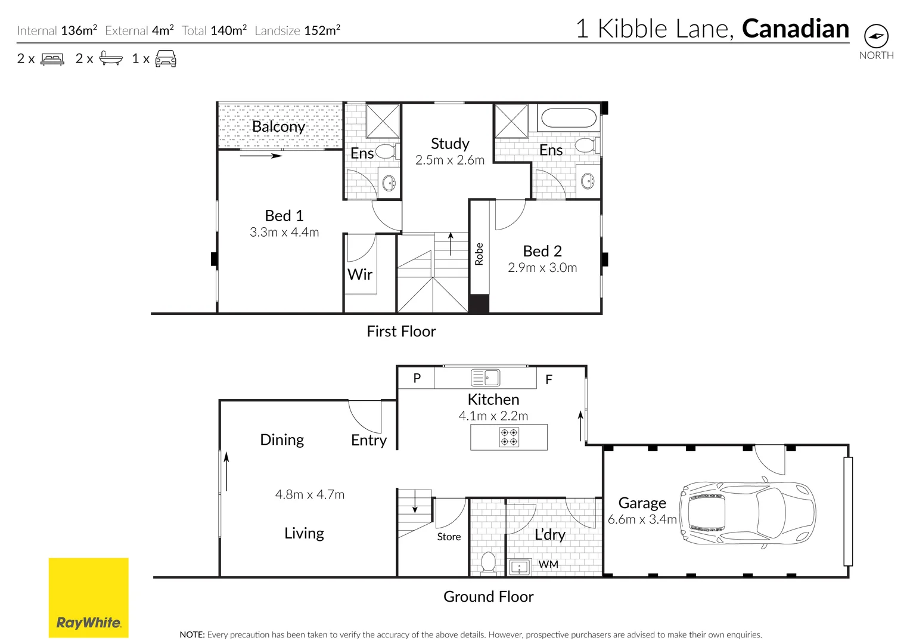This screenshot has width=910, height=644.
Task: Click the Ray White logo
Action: (x=88, y=597)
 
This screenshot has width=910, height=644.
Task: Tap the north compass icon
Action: (x=876, y=36)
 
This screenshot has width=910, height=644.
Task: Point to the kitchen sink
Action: (x=486, y=378)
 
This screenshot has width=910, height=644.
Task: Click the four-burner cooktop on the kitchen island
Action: (x=509, y=437)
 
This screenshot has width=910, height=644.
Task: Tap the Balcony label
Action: (x=278, y=126)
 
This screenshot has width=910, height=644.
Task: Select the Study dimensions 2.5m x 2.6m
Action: (x=450, y=160)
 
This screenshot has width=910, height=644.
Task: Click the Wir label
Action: (x=360, y=274)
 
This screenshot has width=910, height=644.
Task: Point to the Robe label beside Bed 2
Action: (x=479, y=254)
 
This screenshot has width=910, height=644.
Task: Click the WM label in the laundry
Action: (x=548, y=564)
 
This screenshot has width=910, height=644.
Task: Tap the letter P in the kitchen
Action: (x=417, y=378)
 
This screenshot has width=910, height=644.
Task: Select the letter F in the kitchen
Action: (x=549, y=379)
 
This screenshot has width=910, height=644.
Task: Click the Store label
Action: (x=449, y=537)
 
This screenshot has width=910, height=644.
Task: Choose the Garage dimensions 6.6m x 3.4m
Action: (x=642, y=519)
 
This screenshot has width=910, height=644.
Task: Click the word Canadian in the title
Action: (x=795, y=29)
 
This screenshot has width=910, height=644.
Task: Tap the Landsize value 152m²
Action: (x=322, y=30)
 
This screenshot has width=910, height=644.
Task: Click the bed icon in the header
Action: (x=52, y=59)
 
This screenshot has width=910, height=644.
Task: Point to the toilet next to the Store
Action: (x=488, y=562)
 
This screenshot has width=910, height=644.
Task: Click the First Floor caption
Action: (x=401, y=332)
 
